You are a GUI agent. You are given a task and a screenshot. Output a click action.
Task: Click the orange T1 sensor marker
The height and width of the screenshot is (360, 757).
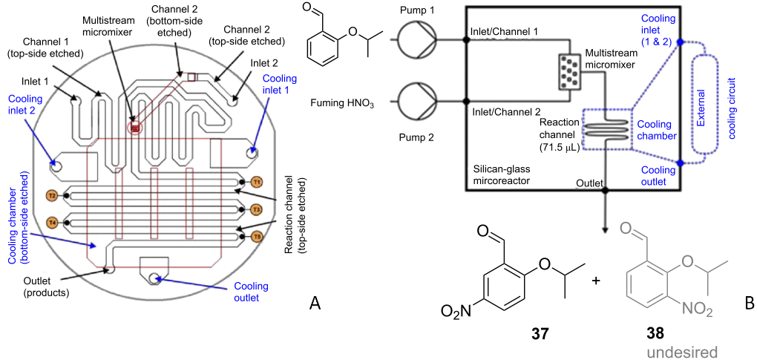(x=257, y=181)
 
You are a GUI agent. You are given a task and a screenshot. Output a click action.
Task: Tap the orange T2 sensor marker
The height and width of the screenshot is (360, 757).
(x=51, y=196)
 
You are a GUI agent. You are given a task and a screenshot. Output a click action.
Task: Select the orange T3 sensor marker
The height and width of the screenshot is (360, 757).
(x=257, y=209)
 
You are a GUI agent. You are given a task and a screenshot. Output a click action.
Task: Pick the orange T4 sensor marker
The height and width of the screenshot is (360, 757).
(x=51, y=222)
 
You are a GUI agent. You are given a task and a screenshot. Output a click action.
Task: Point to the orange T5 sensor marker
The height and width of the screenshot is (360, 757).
(x=257, y=236)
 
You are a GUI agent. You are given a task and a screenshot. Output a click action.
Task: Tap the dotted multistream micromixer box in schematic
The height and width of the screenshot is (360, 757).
(x=568, y=70)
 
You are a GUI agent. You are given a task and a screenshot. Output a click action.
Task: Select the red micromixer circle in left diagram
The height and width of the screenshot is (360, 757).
(x=135, y=127)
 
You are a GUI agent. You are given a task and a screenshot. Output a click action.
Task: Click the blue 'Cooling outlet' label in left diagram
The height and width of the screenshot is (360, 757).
(x=251, y=292)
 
